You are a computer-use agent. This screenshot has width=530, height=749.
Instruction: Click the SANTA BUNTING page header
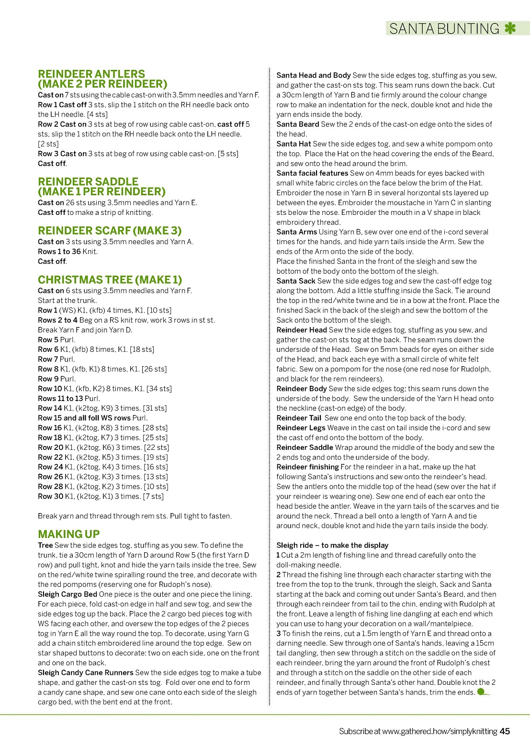tap(444, 29)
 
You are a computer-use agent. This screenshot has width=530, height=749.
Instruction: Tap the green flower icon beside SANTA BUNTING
tap(510, 28)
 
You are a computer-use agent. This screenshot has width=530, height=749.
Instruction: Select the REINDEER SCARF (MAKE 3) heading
tap(110, 231)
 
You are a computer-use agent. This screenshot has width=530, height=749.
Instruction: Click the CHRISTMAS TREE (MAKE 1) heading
tap(110, 279)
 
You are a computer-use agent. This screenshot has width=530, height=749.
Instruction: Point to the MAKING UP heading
tap(68, 534)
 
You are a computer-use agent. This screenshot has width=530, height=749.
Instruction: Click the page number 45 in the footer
tap(505, 731)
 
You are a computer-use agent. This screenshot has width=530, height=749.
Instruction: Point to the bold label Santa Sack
tap(295, 281)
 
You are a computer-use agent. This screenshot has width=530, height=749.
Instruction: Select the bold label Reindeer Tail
tap(299, 418)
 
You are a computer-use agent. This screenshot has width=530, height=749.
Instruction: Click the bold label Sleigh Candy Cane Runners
tap(86, 672)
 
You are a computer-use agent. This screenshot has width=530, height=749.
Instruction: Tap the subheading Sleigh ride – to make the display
tap(332, 545)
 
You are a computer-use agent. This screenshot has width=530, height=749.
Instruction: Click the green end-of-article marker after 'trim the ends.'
tap(482, 692)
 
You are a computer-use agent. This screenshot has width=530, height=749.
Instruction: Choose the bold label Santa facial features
tap(312, 173)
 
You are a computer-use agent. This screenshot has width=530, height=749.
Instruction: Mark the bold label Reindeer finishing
tap(307, 467)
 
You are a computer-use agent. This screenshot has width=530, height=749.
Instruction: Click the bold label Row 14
tap(50, 408)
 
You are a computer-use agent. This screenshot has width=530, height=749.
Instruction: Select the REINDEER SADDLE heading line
tap(88, 182)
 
